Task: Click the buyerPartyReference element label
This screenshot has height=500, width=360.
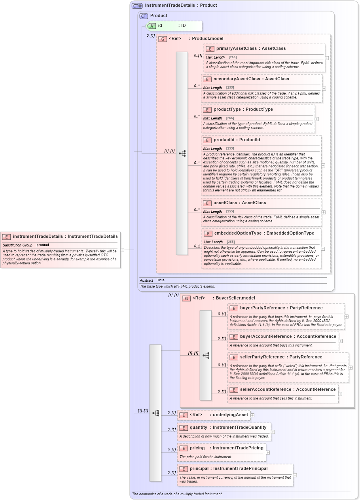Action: (262, 308)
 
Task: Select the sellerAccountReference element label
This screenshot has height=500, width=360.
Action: (265, 390)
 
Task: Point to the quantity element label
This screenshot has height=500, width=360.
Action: (199, 428)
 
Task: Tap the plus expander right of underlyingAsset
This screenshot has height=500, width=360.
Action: (253, 415)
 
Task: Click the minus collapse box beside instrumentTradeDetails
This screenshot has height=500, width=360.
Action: (123, 250)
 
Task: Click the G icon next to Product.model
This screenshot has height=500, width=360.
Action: (162, 39)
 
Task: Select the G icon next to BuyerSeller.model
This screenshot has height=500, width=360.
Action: (186, 298)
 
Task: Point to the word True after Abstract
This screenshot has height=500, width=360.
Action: (161, 280)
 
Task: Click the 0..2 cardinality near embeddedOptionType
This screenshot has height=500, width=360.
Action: (197, 246)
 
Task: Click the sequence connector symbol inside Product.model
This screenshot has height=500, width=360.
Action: (182, 153)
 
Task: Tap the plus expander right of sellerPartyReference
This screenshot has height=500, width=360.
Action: (351, 367)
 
